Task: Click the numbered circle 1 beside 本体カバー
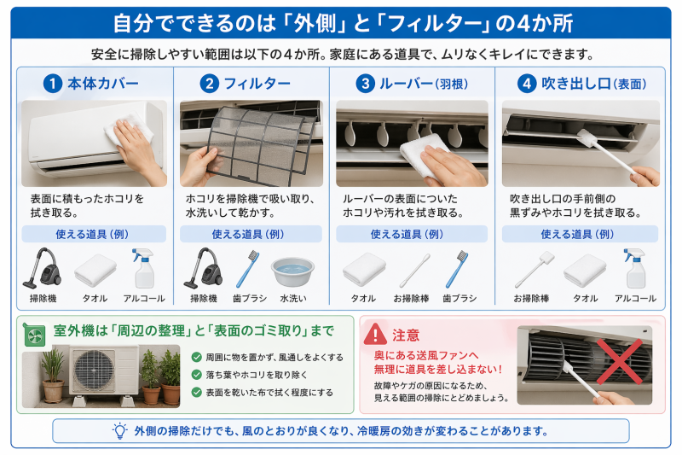pos(53,84)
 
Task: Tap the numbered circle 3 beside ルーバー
pos(366,84)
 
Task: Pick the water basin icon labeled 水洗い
pos(292,271)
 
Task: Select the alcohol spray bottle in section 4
pos(638,269)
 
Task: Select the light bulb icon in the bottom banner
pos(119,430)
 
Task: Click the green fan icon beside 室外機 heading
pos(35,332)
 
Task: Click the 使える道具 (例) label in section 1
pos(95,233)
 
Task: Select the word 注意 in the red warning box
pos(406,335)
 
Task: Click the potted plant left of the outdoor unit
pos(52,376)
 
